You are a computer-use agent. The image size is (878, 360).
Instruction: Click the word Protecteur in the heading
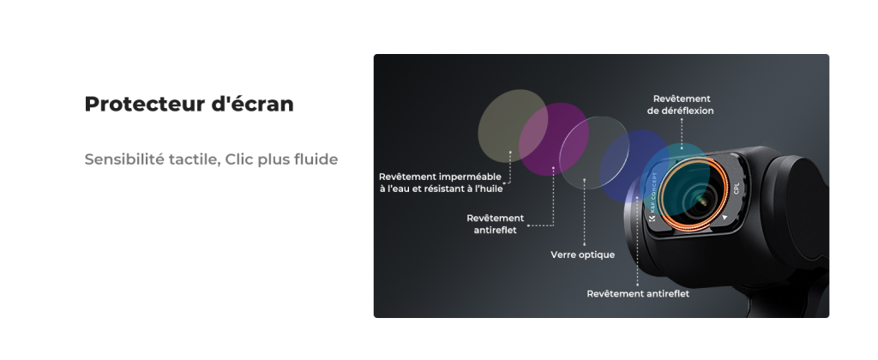point(144,104)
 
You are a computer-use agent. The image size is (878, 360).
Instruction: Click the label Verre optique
point(582,255)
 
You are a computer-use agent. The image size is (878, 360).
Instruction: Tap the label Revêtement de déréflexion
point(681,105)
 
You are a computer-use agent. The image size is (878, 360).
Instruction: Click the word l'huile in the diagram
point(488,189)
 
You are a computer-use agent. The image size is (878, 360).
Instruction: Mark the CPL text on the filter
point(737,189)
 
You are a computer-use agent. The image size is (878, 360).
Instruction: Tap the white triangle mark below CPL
point(725,217)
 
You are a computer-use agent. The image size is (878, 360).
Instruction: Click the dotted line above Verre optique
point(584,213)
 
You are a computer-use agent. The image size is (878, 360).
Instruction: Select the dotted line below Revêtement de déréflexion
point(682,133)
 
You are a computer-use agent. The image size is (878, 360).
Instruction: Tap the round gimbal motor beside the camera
point(795,207)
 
